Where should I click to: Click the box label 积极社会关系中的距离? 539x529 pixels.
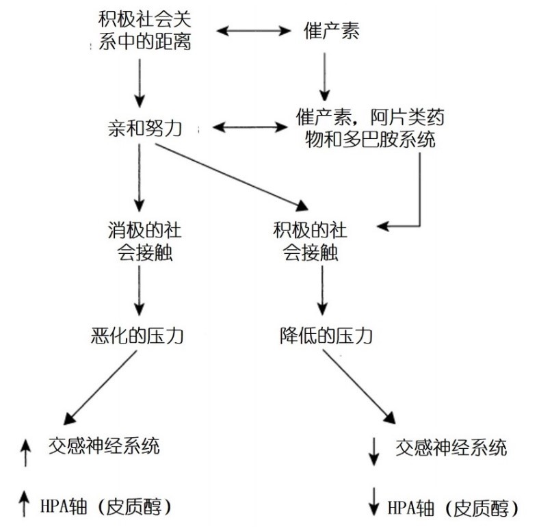pos(140,31)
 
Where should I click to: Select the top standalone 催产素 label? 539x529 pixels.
pos(331,31)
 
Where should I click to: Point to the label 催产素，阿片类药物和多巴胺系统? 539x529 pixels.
pos(369,128)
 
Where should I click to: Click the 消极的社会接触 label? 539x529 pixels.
pos(140,240)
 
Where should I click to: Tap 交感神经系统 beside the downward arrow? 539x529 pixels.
pos(451,448)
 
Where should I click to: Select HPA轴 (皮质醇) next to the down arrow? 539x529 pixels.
pos(452,508)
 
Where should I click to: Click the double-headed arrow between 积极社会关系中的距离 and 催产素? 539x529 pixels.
pos(254,31)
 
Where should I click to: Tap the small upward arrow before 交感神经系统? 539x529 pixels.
pos(26,452)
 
